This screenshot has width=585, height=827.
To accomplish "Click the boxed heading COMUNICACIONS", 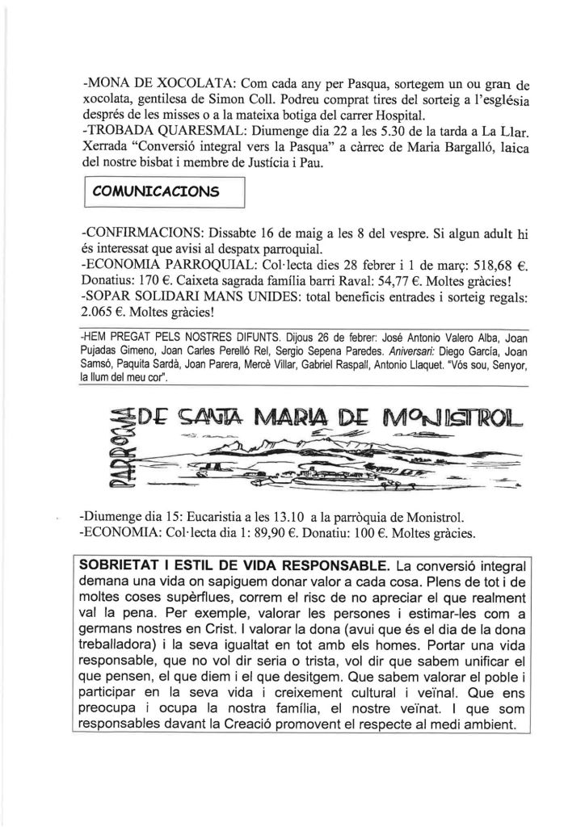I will [x=157, y=191].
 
